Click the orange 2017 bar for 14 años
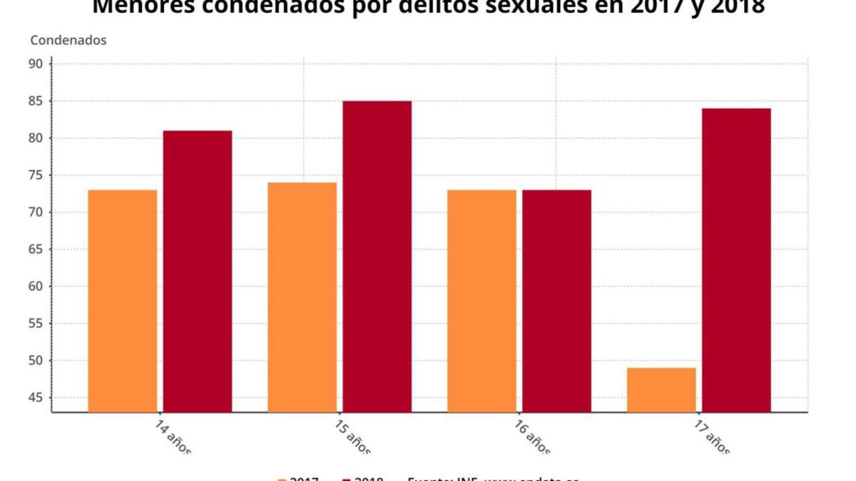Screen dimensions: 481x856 point(123,301)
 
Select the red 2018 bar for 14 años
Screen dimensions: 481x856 point(198,271)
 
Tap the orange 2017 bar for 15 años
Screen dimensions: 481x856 point(302,297)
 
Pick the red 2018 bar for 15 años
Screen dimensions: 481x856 point(377,257)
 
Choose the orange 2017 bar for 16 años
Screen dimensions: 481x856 point(482,301)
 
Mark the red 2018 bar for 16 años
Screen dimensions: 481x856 point(556,301)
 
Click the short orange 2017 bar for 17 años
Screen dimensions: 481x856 point(661,390)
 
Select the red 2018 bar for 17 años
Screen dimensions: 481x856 point(736,260)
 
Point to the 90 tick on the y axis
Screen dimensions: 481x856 point(37,64)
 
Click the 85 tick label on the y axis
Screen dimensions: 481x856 point(37,101)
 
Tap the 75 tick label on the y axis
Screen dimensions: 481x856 point(37,175)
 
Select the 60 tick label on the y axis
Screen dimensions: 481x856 point(37,286)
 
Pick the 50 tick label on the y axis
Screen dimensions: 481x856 point(37,361)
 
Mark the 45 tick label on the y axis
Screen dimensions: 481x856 point(37,398)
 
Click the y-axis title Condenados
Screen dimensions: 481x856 point(68,40)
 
